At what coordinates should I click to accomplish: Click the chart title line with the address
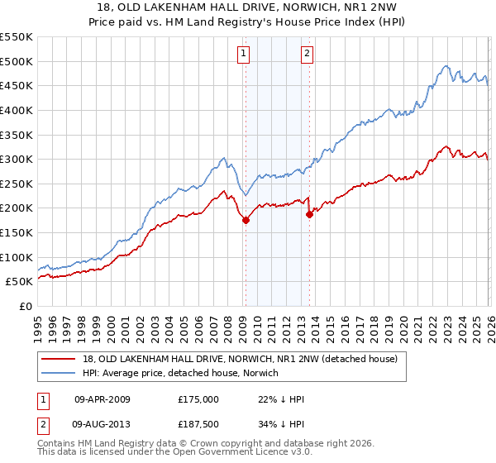tap(247, 8)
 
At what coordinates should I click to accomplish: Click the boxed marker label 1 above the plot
tap(245, 55)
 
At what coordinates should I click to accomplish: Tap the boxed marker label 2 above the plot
tap(307, 55)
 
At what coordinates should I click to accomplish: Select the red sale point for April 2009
tap(246, 220)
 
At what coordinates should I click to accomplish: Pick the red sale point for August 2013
tap(309, 214)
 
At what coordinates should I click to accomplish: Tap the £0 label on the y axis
tap(25, 306)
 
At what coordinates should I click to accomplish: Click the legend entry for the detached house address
tap(241, 359)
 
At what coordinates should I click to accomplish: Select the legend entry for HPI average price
tap(181, 374)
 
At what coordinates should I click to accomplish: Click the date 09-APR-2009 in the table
tap(102, 399)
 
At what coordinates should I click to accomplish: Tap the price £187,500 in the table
tap(198, 425)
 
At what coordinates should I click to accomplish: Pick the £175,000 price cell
tap(198, 399)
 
